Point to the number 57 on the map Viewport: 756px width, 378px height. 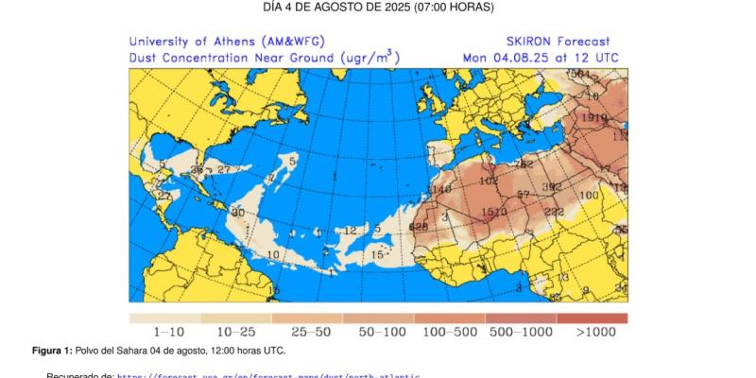tap(523, 196)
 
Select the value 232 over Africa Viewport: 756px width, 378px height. tap(554, 212)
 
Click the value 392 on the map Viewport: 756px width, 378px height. tap(552, 187)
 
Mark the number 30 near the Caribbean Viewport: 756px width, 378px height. tap(237, 212)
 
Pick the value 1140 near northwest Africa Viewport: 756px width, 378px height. tap(439, 190)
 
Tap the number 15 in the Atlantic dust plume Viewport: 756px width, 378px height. tap(376, 254)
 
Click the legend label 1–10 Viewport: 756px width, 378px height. tap(168, 332)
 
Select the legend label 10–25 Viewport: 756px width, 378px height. tap(236, 332)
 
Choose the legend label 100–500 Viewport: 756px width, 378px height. tap(450, 332)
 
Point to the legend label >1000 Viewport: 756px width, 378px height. tap(596, 332)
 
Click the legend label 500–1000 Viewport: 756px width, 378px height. tap(522, 332)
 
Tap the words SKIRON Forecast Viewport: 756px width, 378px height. tap(558, 42)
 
